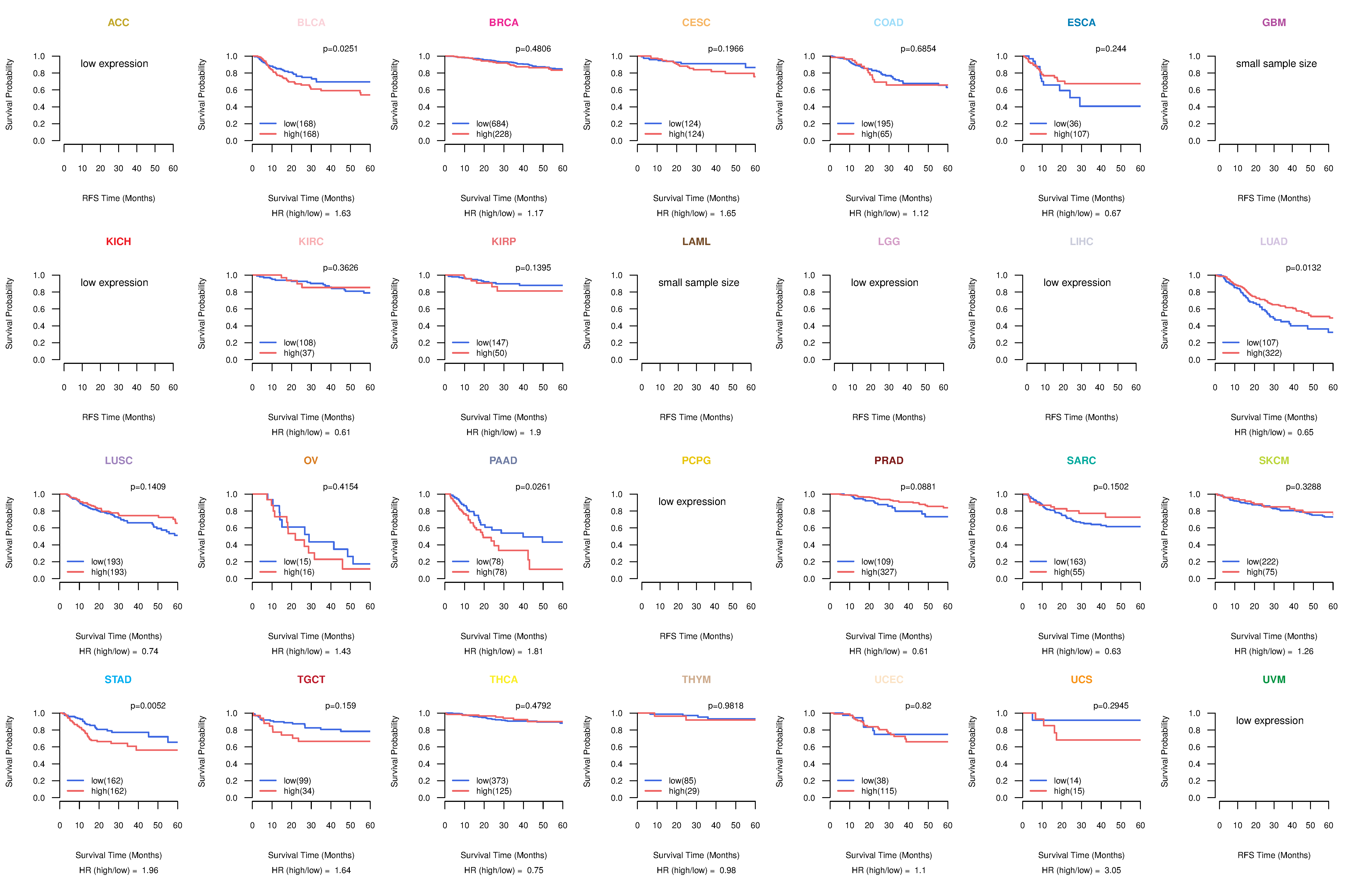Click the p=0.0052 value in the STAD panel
click(148, 706)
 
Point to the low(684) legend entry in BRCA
click(492, 124)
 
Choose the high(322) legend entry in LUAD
click(1264, 353)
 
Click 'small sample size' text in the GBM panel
click(1276, 63)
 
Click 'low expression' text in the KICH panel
click(114, 283)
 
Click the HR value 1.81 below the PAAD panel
click(535, 651)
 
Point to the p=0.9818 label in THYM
click(725, 706)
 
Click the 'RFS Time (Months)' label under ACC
click(118, 198)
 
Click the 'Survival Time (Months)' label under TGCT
click(311, 855)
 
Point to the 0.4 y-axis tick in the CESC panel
click(616, 107)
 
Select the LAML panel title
click(696, 241)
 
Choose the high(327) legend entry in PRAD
click(878, 572)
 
